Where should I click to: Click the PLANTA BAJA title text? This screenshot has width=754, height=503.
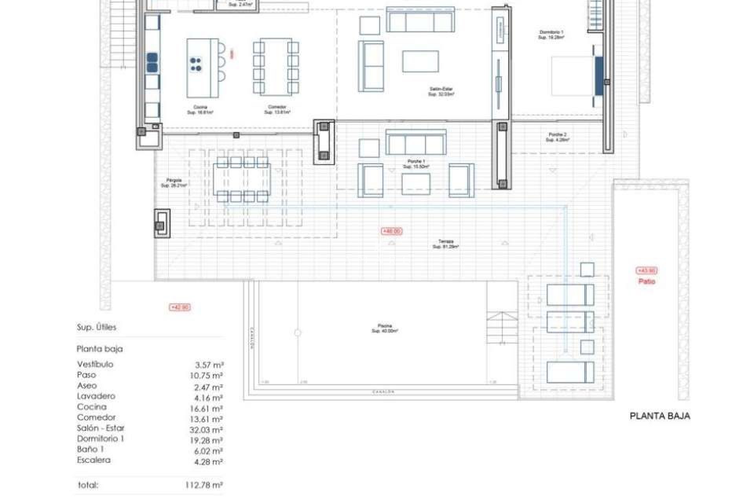(x=659, y=416)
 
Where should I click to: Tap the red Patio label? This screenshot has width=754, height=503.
(x=646, y=281)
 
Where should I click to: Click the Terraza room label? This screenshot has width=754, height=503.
(x=446, y=244)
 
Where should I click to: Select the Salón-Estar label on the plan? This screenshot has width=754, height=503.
(x=441, y=92)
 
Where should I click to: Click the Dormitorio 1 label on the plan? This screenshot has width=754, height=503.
(x=551, y=35)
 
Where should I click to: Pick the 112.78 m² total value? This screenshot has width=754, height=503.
(x=204, y=485)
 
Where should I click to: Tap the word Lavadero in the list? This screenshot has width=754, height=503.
(x=96, y=396)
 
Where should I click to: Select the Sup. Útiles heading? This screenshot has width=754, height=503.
(x=97, y=327)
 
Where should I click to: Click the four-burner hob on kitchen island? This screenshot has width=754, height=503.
(x=196, y=65)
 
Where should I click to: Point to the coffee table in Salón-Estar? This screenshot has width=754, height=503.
(x=420, y=62)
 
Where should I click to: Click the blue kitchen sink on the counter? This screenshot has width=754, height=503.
(x=152, y=63)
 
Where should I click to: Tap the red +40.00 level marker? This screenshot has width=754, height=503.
(x=392, y=231)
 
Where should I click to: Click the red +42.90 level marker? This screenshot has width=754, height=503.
(x=180, y=307)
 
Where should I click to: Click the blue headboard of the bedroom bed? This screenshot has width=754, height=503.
(x=598, y=76)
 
